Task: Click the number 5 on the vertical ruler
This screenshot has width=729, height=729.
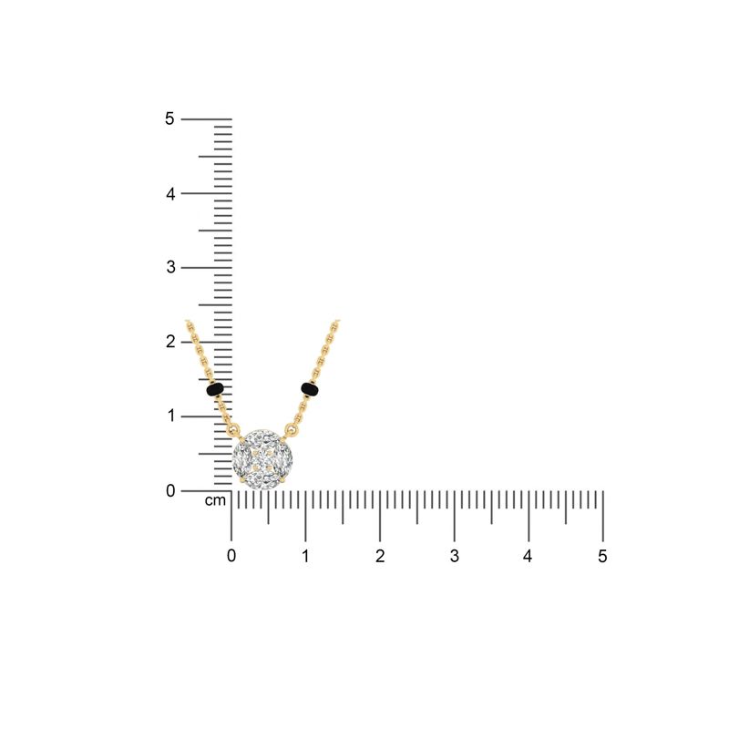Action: point(169,118)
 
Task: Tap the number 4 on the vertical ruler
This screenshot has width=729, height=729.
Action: point(169,193)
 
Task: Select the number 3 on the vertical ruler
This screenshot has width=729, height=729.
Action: point(169,267)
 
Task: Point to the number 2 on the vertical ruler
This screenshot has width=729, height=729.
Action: point(169,342)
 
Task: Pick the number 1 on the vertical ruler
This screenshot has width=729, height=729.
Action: point(169,416)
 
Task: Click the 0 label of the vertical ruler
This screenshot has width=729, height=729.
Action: point(169,490)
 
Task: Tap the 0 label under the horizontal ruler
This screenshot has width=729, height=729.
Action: point(231,556)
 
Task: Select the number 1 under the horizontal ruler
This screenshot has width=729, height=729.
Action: point(305,556)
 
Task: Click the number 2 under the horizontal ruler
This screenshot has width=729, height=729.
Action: point(380,556)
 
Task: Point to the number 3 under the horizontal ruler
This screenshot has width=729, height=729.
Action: point(454,556)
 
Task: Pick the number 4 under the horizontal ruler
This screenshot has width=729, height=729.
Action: point(529,556)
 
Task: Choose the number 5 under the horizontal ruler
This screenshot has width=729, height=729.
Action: point(602,556)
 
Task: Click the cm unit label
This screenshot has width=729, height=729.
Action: point(215,501)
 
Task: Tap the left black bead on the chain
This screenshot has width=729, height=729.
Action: point(215,390)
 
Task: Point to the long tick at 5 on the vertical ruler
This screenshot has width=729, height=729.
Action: point(206,118)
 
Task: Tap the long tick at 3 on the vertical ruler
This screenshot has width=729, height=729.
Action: point(206,267)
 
